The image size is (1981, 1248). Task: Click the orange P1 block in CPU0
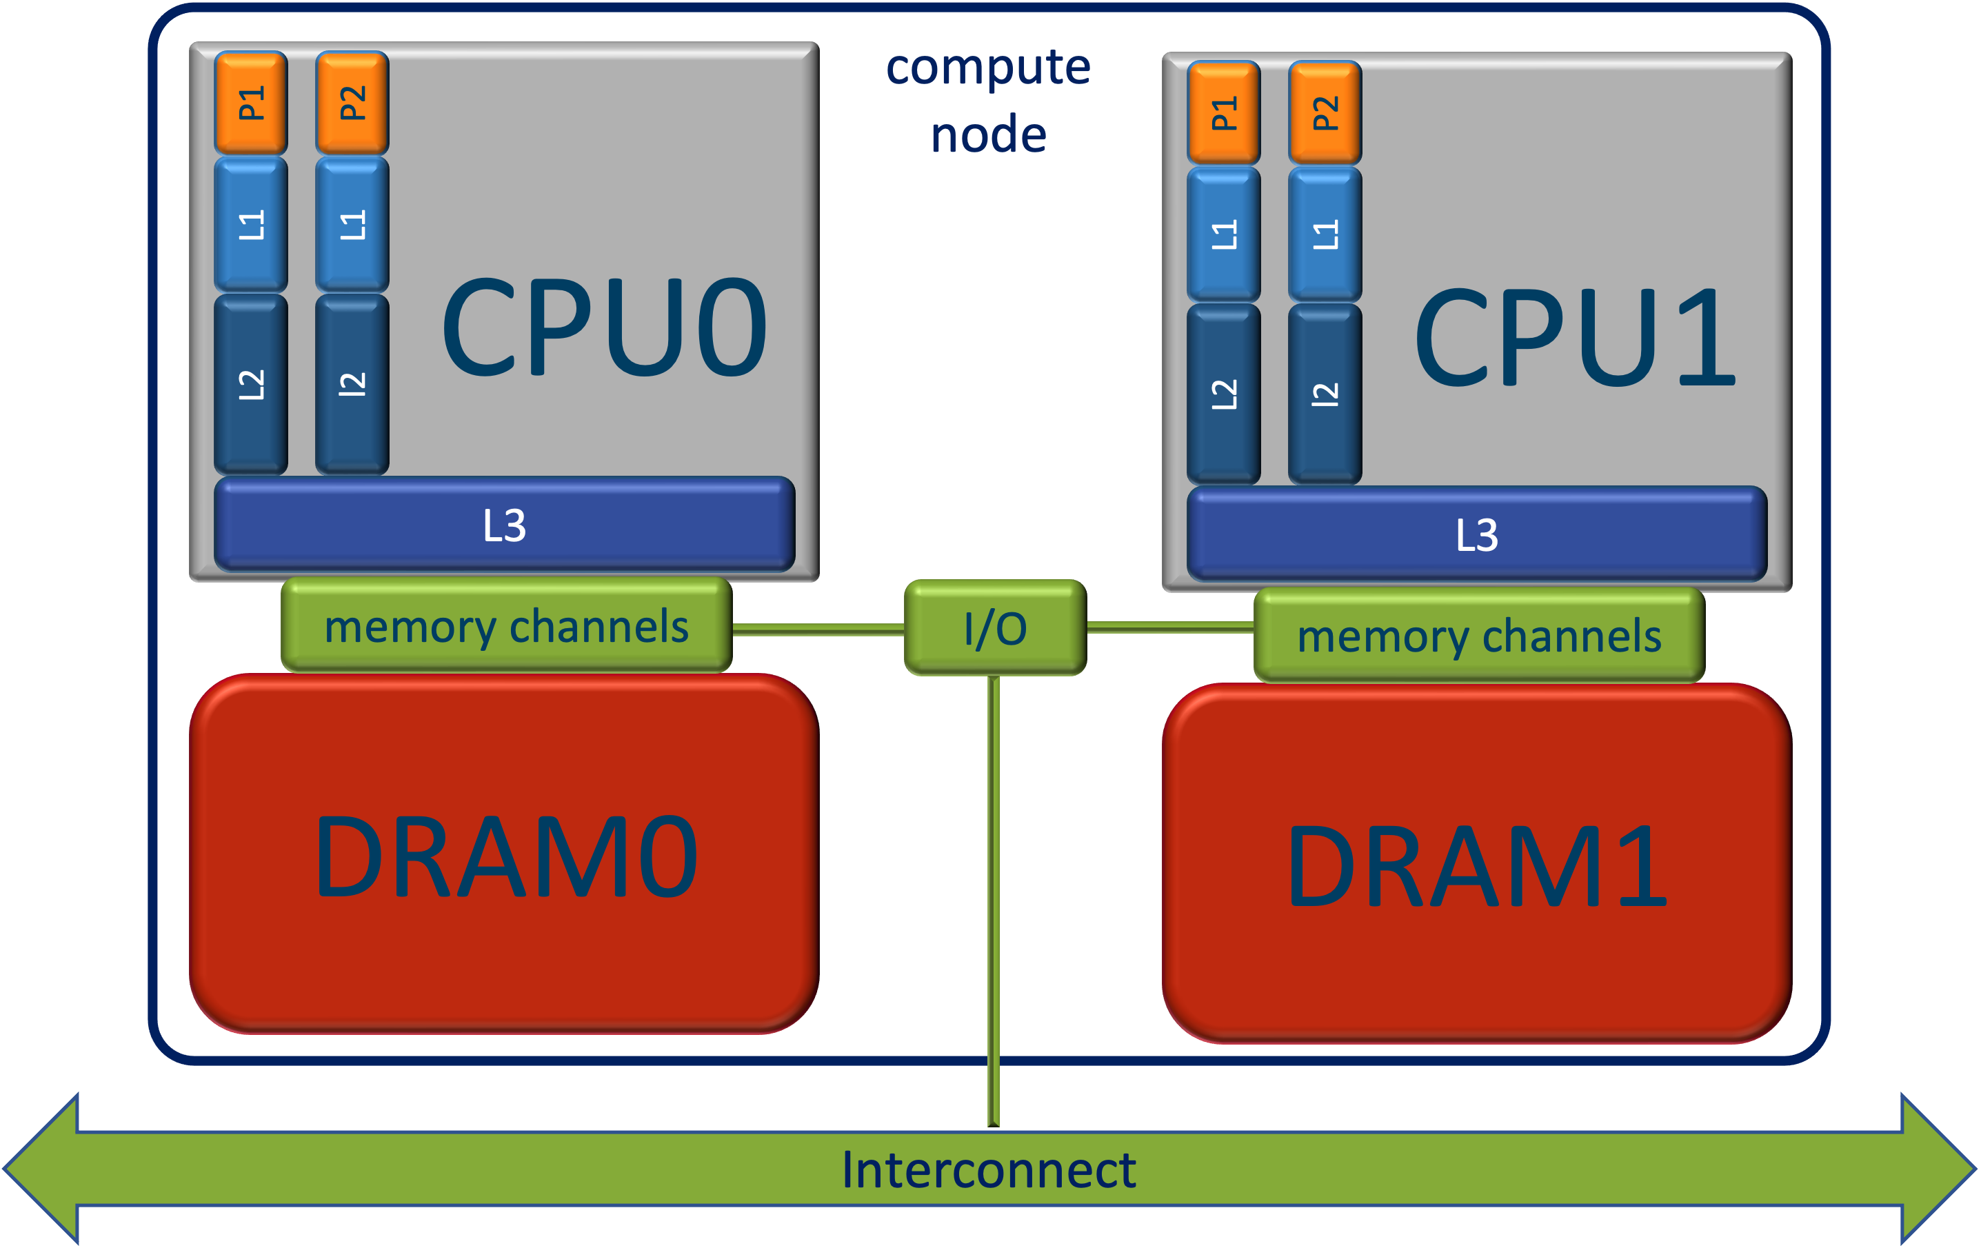251,103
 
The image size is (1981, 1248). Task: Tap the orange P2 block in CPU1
1325,112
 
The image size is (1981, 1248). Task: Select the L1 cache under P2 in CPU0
352,224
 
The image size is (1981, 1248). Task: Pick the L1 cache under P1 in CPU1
1223,234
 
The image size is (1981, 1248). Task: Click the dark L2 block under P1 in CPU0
251,383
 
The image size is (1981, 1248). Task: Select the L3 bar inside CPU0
504,525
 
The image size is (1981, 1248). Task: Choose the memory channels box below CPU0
506,626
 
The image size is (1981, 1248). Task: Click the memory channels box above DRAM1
1479,636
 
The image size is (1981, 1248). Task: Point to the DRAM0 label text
506,857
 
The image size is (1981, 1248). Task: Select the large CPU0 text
605,328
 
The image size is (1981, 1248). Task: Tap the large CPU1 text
1576,337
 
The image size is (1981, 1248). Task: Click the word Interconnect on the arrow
989,1170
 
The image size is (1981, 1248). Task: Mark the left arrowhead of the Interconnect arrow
41,1169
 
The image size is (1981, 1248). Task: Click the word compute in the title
988,68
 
